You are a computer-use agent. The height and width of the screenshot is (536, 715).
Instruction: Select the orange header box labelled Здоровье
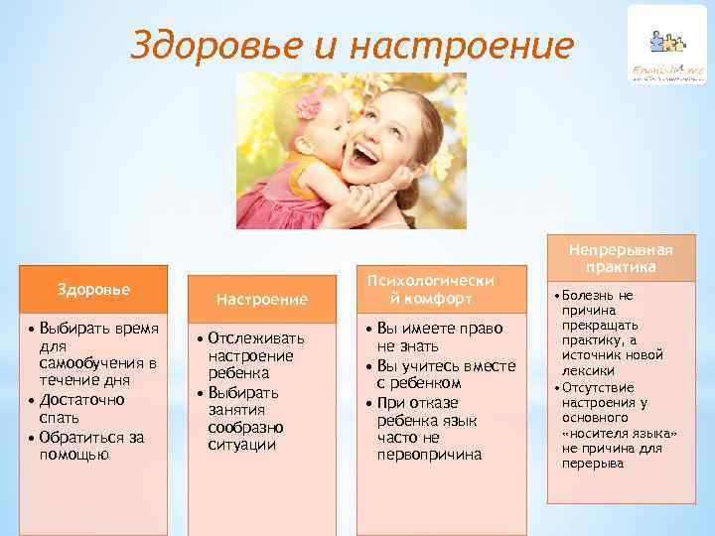coord(95,289)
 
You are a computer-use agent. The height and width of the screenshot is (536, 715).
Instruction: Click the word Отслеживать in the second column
coord(256,338)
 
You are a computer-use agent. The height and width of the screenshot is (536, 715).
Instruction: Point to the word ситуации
coord(241,446)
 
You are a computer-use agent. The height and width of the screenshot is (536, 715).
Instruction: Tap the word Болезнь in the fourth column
coord(596,295)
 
